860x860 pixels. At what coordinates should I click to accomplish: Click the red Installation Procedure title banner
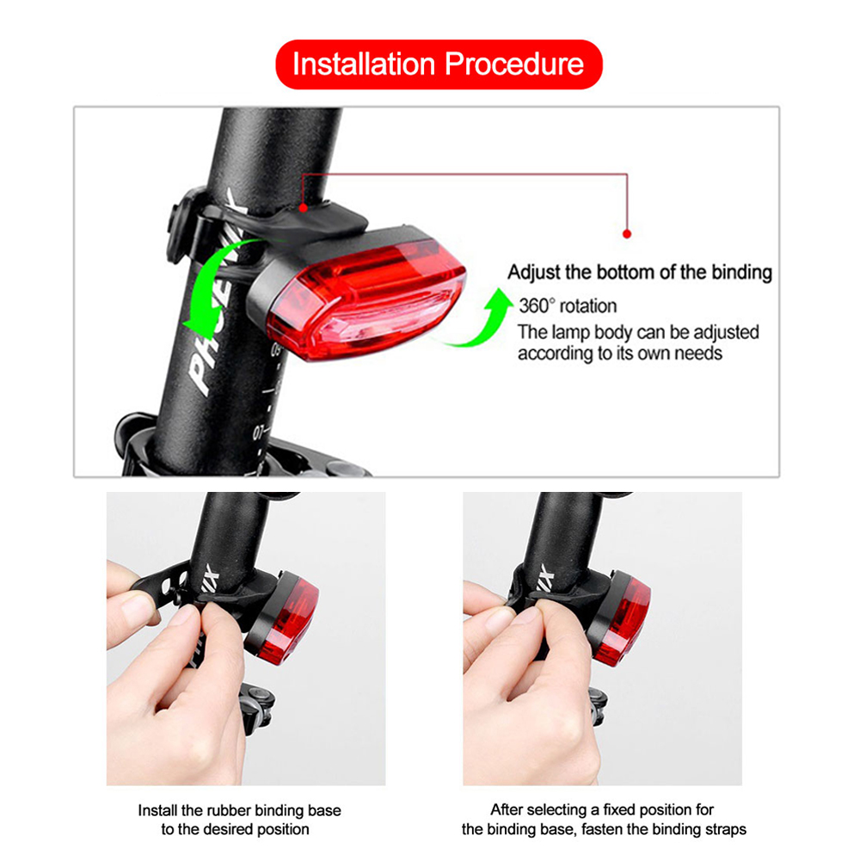(439, 64)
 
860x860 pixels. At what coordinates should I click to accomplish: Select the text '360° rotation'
(568, 306)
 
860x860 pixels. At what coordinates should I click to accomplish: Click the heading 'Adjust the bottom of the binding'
(640, 273)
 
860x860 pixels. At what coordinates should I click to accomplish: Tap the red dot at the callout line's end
(627, 233)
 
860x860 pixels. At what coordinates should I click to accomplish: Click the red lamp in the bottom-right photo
(623, 620)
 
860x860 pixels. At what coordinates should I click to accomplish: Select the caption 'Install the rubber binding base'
(239, 810)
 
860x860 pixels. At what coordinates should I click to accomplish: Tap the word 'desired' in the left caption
(228, 829)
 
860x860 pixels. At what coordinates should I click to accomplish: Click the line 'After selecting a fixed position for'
(602, 810)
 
